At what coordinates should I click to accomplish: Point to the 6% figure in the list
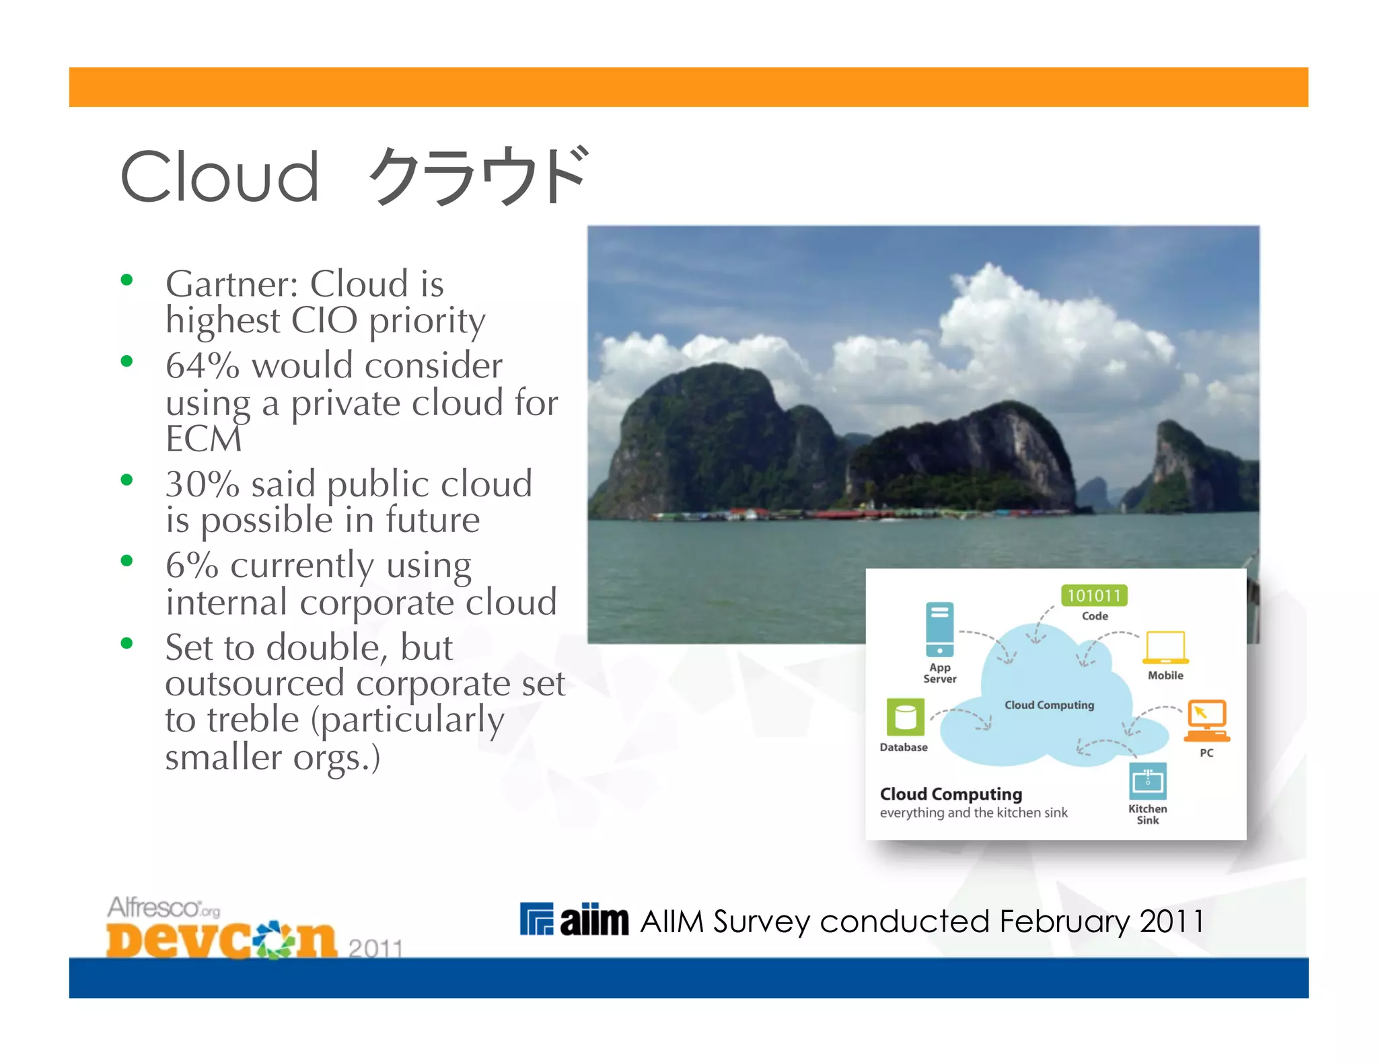pyautogui.click(x=192, y=566)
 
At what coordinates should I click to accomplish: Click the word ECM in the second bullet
pyautogui.click(x=203, y=440)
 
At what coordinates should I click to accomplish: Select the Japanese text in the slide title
pyautogui.click(x=478, y=176)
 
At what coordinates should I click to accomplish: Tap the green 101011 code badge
pyautogui.click(x=1094, y=595)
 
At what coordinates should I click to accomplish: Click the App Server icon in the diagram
pyautogui.click(x=939, y=629)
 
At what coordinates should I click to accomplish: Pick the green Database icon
pyautogui.click(x=905, y=717)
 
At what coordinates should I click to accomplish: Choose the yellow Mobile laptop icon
pyautogui.click(x=1165, y=648)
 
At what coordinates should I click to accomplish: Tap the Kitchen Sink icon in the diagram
pyautogui.click(x=1147, y=781)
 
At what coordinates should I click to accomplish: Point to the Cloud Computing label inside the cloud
pyautogui.click(x=1049, y=705)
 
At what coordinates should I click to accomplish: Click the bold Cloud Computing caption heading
pyautogui.click(x=951, y=794)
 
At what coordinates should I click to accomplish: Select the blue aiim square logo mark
pyautogui.click(x=536, y=919)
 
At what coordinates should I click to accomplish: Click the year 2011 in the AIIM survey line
pyautogui.click(x=1171, y=921)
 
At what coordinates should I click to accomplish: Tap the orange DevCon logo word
pyautogui.click(x=221, y=940)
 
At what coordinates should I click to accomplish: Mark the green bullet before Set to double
pyautogui.click(x=126, y=644)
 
